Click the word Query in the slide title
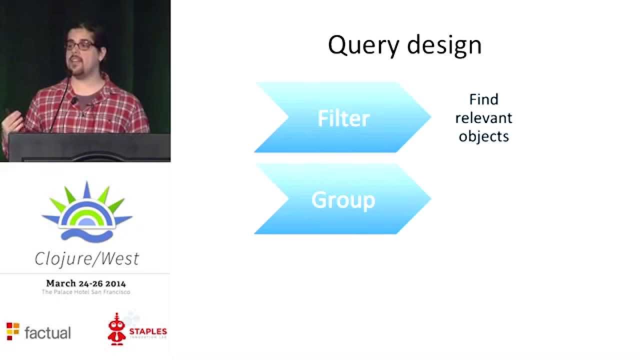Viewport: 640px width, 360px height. click(363, 45)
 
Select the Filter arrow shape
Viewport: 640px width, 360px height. click(342, 118)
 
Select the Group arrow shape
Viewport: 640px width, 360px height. click(342, 200)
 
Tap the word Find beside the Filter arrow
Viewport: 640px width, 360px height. click(483, 99)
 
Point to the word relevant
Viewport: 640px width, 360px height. click(483, 118)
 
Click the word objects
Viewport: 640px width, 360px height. click(483, 136)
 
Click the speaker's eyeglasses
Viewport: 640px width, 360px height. click(80, 45)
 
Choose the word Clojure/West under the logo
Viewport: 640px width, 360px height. click(86, 258)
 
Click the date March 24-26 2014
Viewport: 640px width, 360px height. click(86, 283)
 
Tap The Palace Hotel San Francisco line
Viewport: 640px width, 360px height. click(86, 292)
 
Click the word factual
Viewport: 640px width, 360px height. click(47, 332)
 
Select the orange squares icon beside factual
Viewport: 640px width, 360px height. click(12, 331)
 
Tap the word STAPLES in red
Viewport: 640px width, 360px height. click(148, 331)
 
